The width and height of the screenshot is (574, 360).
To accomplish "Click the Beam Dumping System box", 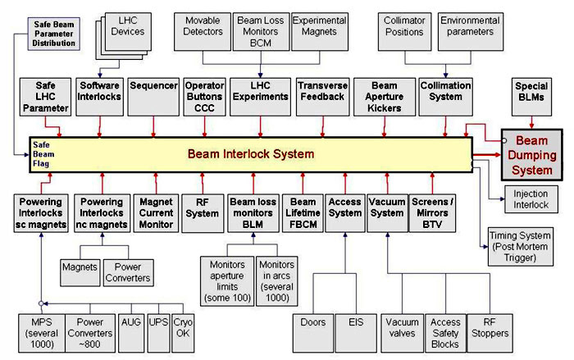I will click(533, 154).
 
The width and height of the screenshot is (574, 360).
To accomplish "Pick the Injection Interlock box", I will click(531, 199).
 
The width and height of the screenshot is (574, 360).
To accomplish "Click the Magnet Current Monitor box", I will click(156, 212).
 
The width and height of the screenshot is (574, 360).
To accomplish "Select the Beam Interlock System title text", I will click(250, 153).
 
